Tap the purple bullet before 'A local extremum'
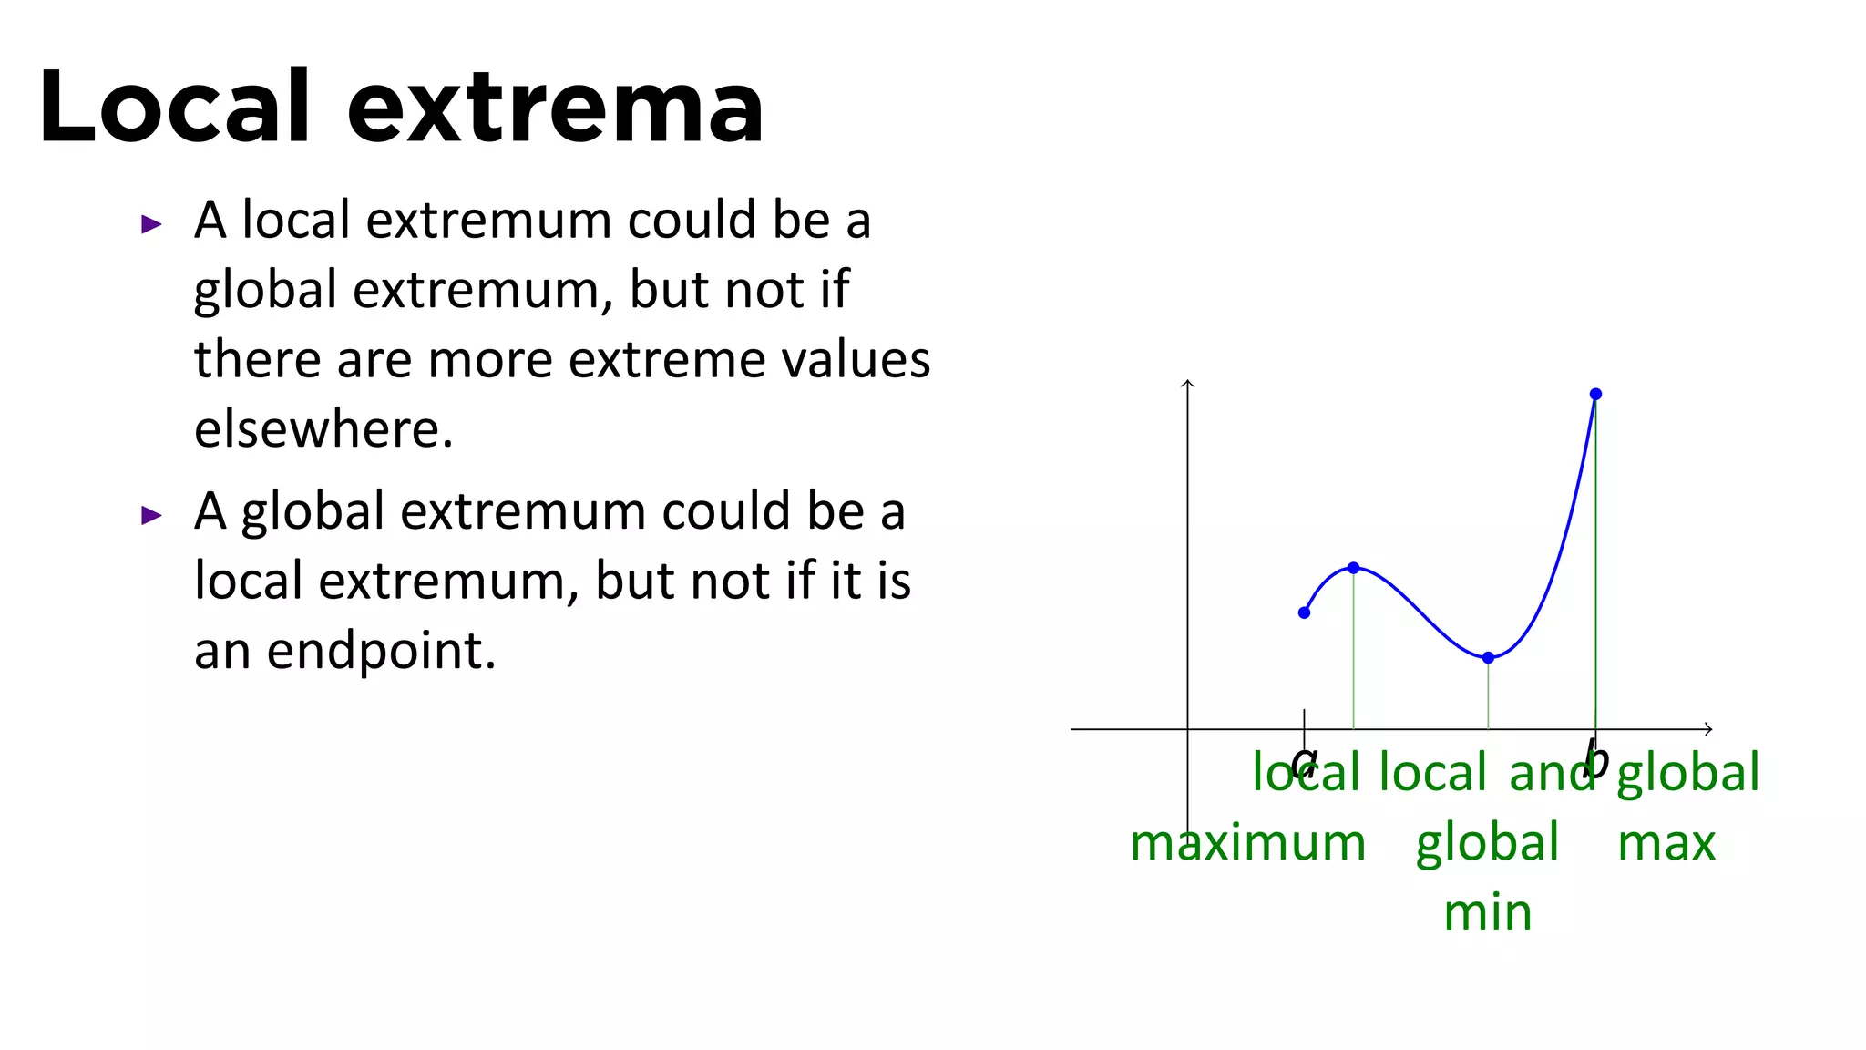[151, 224]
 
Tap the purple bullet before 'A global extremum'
[151, 516]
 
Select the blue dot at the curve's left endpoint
[1304, 612]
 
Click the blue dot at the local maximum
[1354, 568]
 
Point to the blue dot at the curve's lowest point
[1488, 657]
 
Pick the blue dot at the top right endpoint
[1595, 394]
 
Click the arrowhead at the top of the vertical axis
[1187, 384]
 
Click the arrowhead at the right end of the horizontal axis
[1708, 729]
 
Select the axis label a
[1304, 761]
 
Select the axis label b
[1595, 759]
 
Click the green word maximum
[1247, 843]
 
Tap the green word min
[1488, 912]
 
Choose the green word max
[1666, 843]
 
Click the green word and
[1552, 773]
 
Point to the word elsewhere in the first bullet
[323, 428]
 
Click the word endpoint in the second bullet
[381, 651]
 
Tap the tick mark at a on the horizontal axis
[1304, 720]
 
